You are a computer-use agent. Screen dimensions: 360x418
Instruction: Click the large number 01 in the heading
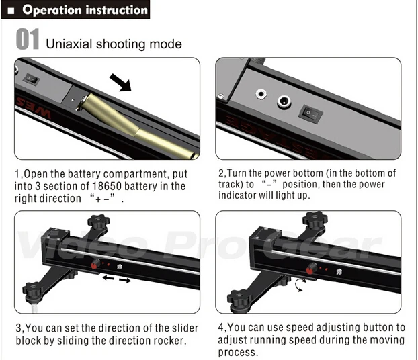click(x=28, y=40)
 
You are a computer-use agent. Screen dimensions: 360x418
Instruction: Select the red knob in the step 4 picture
click(x=311, y=270)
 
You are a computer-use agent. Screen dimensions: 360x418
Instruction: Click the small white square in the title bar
click(x=10, y=11)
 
